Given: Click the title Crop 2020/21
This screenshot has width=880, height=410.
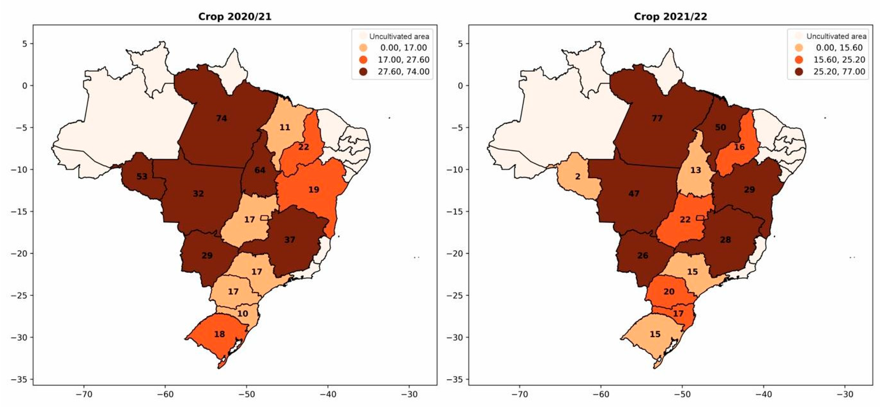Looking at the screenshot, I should click(235, 16).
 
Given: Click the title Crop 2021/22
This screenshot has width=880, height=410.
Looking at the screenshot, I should click(670, 16).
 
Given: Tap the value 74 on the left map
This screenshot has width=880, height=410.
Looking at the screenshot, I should click(221, 118).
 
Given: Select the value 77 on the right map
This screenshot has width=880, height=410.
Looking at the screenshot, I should click(657, 118).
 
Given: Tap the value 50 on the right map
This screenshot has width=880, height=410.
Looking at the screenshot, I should click(720, 127).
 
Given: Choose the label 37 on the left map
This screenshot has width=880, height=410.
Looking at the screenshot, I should click(290, 240).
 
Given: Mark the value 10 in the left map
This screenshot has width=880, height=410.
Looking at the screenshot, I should click(243, 313).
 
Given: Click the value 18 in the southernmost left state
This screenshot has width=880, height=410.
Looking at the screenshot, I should click(219, 334).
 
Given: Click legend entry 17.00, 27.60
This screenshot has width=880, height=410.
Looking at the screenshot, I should click(403, 60).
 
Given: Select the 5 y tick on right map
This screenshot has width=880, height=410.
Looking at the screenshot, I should click(460, 44).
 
